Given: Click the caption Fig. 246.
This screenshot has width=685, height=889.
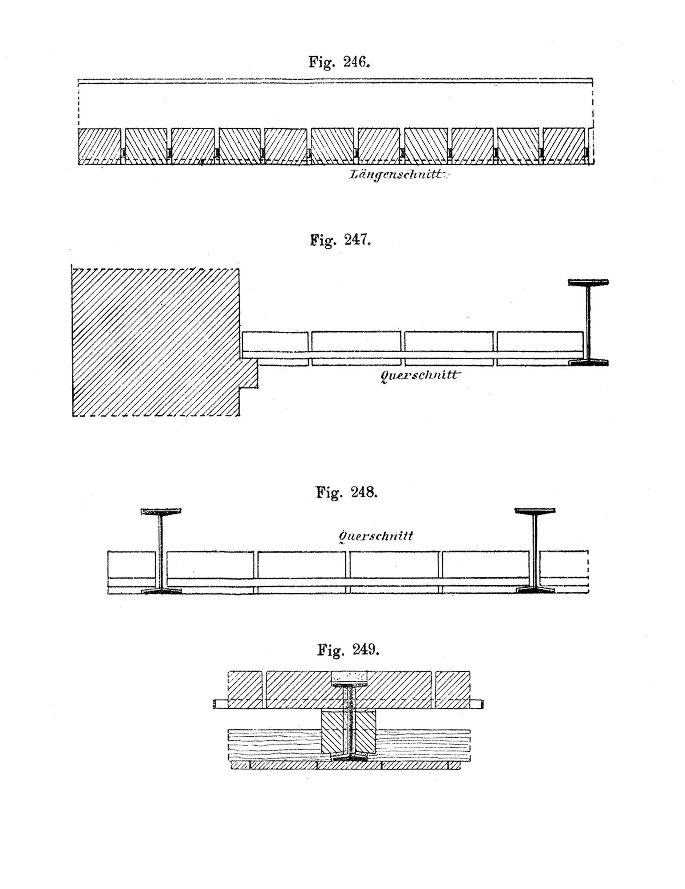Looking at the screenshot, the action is tap(339, 62).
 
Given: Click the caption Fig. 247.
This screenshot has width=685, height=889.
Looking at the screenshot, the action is tap(340, 240).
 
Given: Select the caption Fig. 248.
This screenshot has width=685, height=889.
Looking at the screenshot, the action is tap(346, 492).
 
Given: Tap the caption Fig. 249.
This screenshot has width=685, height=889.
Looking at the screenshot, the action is tap(348, 650).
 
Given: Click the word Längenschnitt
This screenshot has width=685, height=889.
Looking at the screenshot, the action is tap(397, 175).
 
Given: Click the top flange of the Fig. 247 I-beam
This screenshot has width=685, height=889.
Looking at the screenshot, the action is tap(589, 282).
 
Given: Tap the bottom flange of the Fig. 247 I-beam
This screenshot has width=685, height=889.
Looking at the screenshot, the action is tap(589, 362).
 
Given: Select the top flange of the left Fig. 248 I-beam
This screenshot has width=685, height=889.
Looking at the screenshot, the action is tap(161, 512).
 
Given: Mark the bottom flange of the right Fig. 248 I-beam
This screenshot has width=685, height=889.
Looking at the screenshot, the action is tap(535, 591).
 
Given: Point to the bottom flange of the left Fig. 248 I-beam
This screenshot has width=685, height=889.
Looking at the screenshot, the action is tap(161, 591).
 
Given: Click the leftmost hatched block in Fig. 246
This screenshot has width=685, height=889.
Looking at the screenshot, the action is tap(99, 146).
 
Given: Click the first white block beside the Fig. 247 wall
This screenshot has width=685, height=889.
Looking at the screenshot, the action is tap(275, 341).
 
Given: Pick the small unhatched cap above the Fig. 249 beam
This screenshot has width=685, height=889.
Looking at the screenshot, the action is tap(350, 677).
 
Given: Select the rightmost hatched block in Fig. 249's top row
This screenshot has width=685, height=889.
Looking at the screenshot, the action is tap(453, 689).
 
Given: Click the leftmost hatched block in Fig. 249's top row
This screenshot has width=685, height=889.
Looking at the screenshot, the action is tap(245, 689).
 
